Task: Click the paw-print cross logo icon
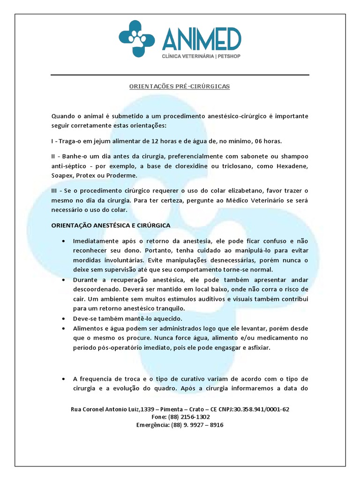[136, 38]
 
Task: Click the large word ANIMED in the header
[202, 39]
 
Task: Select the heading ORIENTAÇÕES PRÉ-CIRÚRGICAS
[180, 87]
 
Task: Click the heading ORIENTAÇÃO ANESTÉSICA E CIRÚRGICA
[111, 225]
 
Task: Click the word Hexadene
[293, 166]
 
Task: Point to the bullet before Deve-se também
[63, 318]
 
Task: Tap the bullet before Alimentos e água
[63, 329]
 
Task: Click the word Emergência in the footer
[153, 425]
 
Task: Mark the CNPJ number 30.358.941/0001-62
[262, 409]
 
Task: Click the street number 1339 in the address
[148, 409]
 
